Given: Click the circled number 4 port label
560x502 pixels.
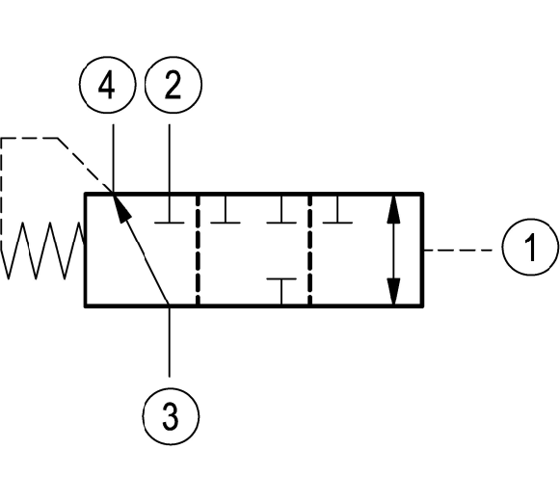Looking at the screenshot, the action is [107, 85].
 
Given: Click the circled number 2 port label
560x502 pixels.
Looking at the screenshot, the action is [173, 85].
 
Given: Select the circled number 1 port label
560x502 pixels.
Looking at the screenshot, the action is [530, 247].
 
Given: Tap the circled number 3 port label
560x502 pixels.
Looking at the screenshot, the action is [171, 416].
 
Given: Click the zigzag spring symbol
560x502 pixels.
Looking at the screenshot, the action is [42, 251].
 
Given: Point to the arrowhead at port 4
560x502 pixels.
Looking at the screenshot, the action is [121, 207].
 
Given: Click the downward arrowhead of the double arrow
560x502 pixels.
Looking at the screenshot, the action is [393, 291].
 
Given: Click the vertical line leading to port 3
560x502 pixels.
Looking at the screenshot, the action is [170, 341].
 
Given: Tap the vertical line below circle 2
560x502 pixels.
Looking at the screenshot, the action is [170, 159].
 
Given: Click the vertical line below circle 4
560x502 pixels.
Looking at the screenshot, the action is [113, 159].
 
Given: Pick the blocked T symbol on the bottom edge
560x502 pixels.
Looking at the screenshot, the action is [281, 291].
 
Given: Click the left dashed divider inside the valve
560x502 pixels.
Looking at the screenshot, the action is [198, 250].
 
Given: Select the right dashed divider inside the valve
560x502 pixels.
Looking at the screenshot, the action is [309, 250].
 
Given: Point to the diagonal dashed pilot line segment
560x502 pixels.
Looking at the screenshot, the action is [85, 165].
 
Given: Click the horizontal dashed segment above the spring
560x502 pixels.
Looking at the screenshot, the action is [29, 138].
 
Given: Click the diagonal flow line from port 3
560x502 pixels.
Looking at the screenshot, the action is [141, 250].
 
